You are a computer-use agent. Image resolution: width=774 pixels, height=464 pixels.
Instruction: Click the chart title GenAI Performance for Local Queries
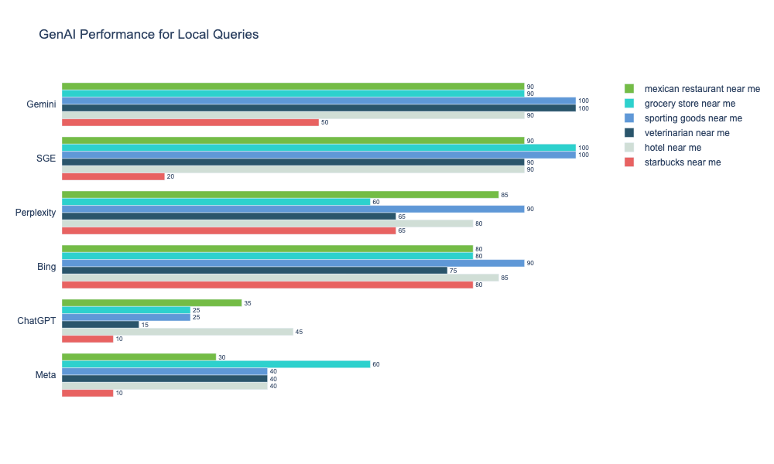coord(149,35)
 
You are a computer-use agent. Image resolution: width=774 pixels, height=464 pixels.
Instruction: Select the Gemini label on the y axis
coord(41,104)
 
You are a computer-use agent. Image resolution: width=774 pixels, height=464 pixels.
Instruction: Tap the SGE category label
coord(46,159)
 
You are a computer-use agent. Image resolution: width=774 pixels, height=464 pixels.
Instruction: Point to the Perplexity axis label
coord(36,213)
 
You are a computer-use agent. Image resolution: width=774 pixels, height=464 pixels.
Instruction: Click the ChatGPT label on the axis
coord(36,321)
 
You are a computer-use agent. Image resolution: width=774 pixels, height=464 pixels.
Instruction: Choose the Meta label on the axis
coord(46,375)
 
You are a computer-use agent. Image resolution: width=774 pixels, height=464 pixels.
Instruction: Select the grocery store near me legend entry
coord(690,104)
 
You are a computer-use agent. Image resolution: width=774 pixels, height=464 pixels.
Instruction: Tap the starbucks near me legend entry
coord(682,162)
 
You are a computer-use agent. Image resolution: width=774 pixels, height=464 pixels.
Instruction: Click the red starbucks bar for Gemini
coord(190,122)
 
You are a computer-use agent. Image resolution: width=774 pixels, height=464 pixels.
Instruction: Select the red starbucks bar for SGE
coord(113,176)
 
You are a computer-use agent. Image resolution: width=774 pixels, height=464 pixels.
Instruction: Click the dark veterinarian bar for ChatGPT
coord(101,324)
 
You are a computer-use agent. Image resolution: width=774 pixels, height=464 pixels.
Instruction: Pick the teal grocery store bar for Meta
coord(216,363)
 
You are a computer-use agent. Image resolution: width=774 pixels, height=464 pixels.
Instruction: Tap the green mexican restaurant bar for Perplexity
coord(280,194)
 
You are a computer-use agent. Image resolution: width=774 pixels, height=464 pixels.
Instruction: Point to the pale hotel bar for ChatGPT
coord(177,332)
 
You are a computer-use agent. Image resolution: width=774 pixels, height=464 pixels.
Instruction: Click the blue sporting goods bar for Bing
coord(293,263)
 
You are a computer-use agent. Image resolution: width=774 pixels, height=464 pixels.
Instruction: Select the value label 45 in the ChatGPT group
coord(299,332)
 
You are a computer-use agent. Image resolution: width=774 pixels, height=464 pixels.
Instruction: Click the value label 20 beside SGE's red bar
coord(170,176)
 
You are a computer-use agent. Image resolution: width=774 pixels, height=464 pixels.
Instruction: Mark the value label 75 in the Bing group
coord(453,271)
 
